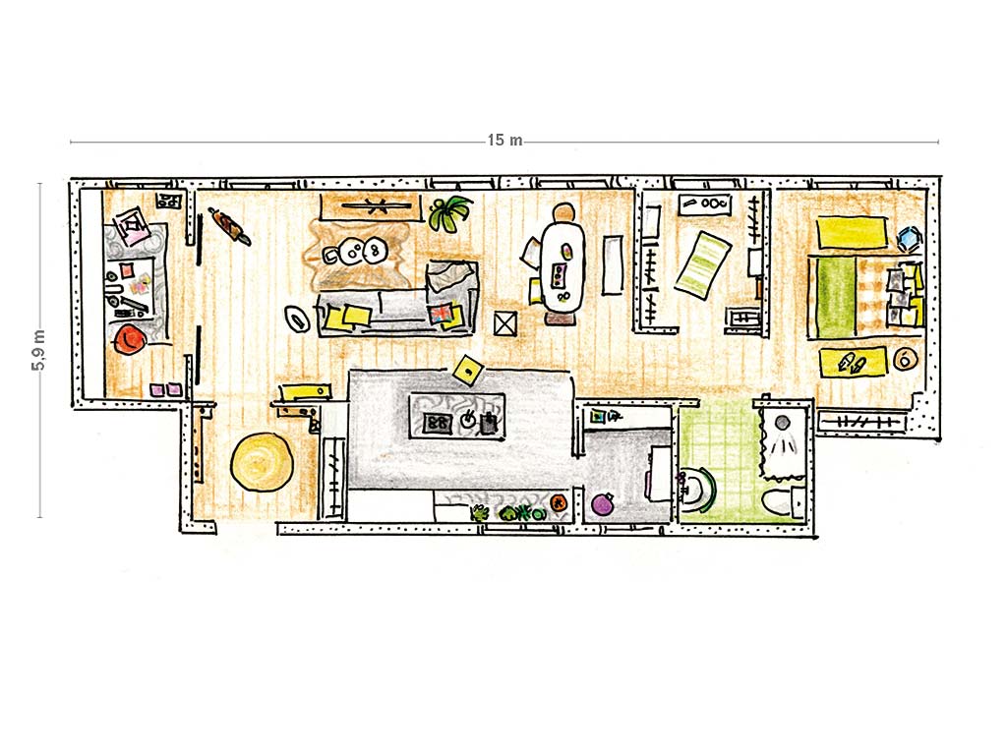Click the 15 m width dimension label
click(x=504, y=140)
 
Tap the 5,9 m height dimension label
click(x=38, y=350)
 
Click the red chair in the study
click(x=129, y=339)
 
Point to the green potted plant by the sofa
click(x=448, y=213)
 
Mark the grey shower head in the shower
click(x=782, y=423)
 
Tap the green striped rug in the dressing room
click(x=702, y=264)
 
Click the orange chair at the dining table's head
click(x=563, y=212)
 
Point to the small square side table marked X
click(x=505, y=323)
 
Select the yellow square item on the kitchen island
click(x=469, y=370)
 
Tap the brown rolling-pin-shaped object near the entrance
click(x=228, y=226)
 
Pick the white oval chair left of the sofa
click(x=297, y=318)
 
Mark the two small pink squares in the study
click(x=165, y=389)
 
